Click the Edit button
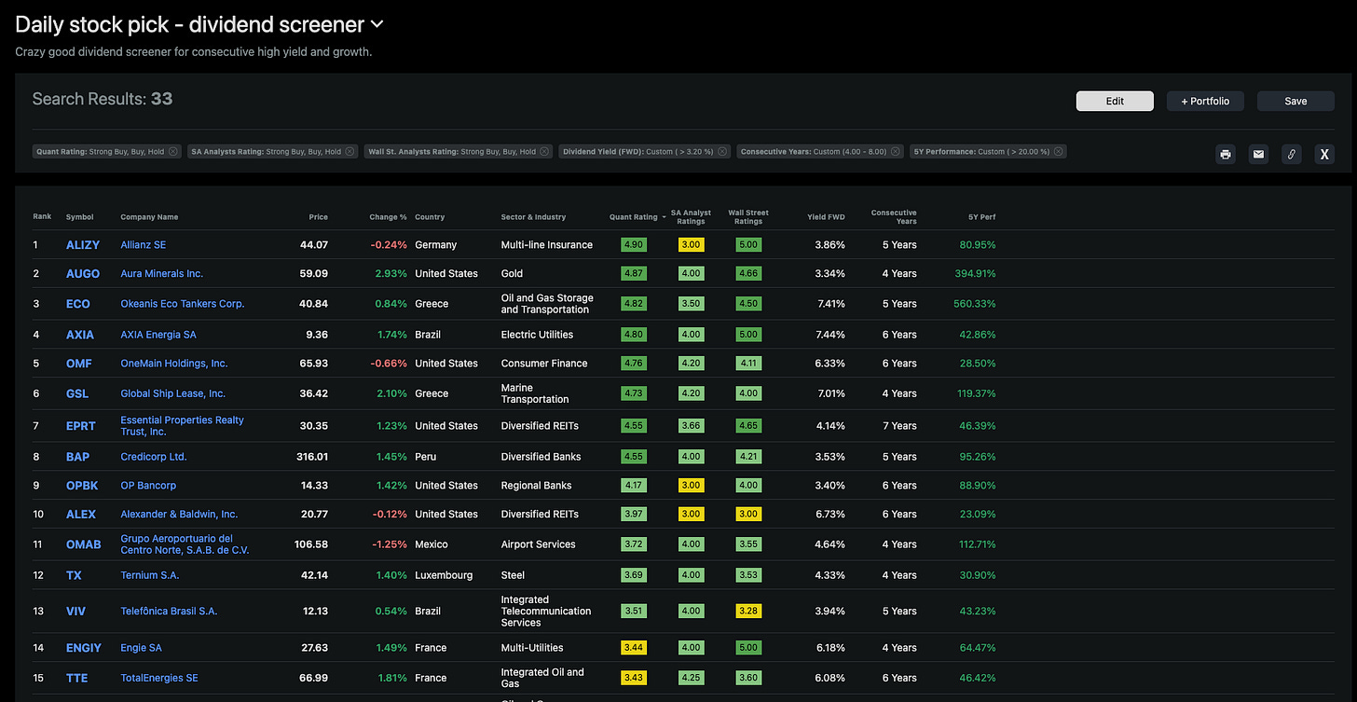(1115, 101)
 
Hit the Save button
(1295, 101)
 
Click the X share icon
(1323, 155)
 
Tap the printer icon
(1226, 155)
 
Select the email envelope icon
(1258, 155)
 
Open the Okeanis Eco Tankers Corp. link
(182, 304)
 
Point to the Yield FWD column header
(826, 217)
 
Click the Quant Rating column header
(633, 217)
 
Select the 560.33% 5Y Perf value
(975, 304)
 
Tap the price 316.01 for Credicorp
(311, 457)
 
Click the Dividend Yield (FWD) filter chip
(644, 151)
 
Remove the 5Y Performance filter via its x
(1059, 151)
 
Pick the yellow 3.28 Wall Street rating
(748, 612)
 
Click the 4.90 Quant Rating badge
(634, 245)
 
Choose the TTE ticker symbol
(76, 678)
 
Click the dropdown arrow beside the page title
(377, 24)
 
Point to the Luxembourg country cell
(444, 575)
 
